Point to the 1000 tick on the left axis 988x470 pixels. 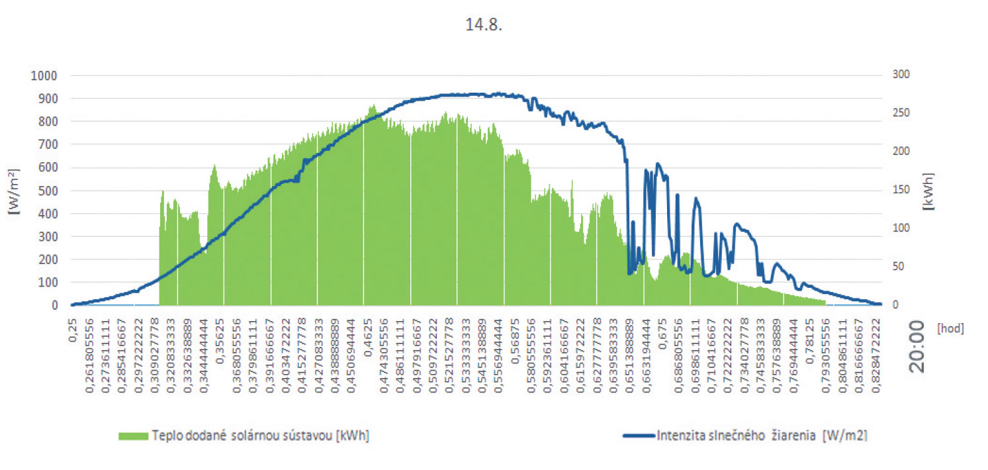[x=44, y=75]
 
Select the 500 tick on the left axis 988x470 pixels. [x=48, y=191]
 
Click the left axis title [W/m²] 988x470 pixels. [x=14, y=191]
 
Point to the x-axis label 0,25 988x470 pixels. [x=72, y=327]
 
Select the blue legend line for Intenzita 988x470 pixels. [x=639, y=436]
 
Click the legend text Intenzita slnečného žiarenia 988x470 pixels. [x=762, y=436]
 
